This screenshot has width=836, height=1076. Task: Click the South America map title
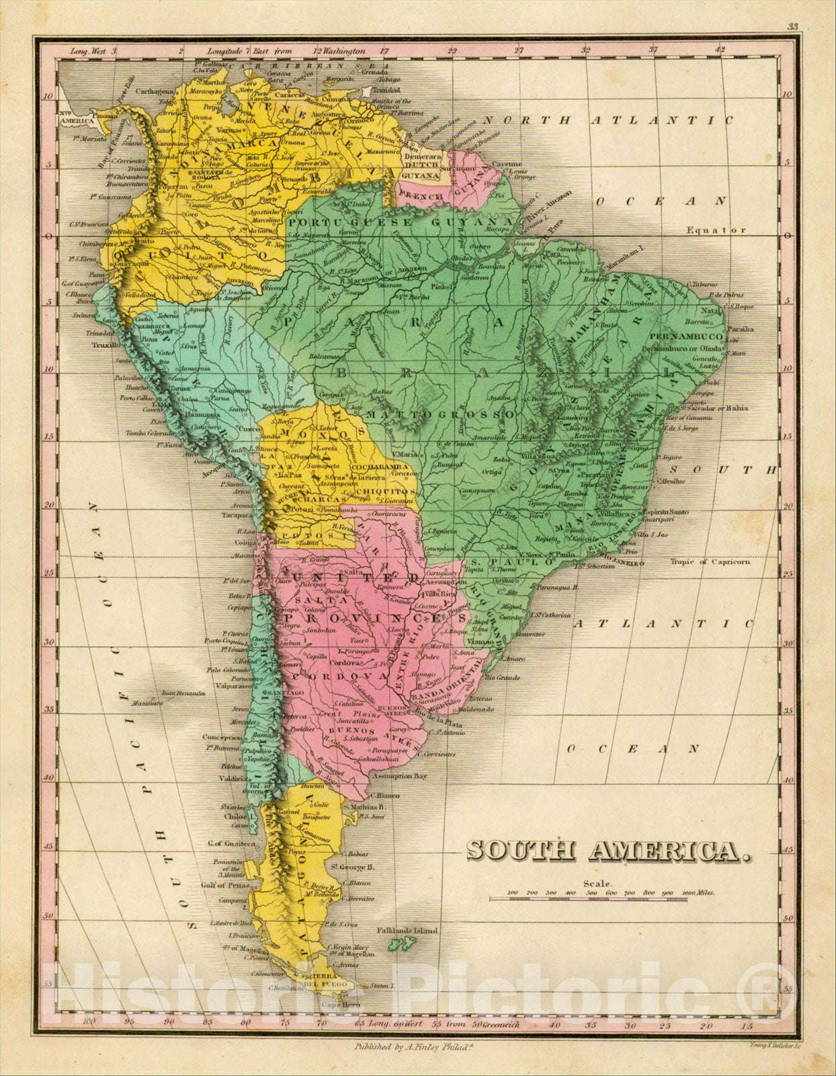pos(609,851)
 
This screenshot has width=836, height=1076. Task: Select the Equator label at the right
pos(716,230)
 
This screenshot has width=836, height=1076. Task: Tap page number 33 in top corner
pos(793,28)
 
